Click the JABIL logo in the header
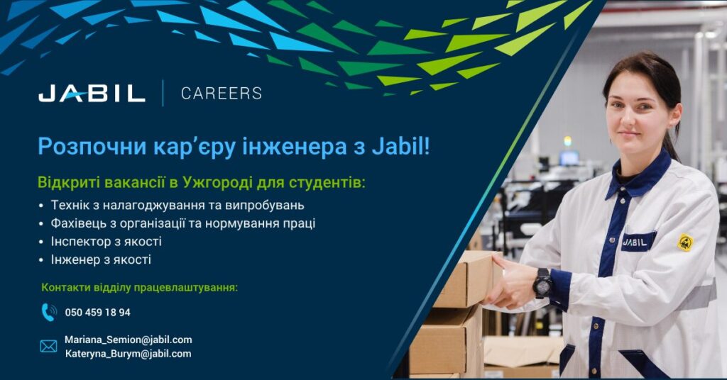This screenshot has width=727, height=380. [92, 93]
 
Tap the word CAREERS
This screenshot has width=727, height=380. [222, 94]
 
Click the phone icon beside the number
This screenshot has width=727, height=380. [49, 313]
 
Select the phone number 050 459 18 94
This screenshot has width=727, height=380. [97, 313]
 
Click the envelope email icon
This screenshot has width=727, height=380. [49, 346]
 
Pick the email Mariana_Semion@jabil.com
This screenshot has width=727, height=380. [129, 340]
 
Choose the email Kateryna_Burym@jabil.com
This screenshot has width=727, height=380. [128, 354]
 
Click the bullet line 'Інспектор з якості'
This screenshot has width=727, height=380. [106, 241]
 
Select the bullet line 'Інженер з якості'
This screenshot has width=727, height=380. [101, 259]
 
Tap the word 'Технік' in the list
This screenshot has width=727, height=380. [67, 205]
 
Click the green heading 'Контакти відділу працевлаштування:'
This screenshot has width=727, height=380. [140, 287]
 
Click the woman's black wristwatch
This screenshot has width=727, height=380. [542, 283]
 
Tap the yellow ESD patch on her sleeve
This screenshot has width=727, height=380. [685, 242]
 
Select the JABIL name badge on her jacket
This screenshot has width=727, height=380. [638, 242]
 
